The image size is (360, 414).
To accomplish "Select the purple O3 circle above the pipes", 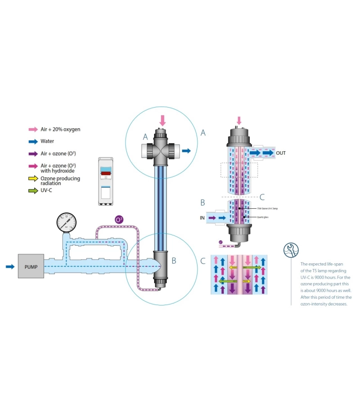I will (x=119, y=220).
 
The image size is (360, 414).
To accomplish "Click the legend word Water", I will (x=47, y=141).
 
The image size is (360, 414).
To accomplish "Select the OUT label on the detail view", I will (x=281, y=153).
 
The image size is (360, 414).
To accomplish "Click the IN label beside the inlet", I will (x=203, y=218).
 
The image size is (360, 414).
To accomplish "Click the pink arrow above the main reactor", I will (x=162, y=120).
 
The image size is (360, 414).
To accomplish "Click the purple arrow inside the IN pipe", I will (x=212, y=218).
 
